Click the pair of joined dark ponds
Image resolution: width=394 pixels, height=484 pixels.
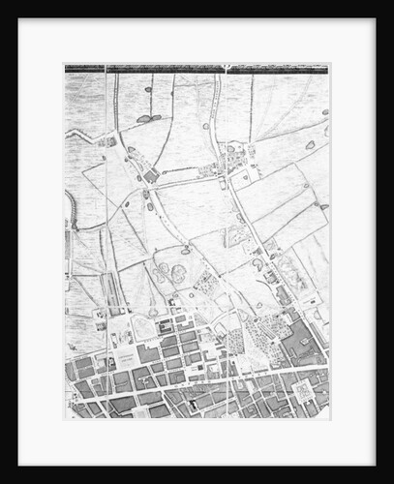[146, 118]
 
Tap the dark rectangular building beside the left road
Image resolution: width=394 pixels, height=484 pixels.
[151, 175]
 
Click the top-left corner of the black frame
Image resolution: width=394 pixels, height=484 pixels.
[19, 19]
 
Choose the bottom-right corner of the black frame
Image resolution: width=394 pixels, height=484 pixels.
[376, 466]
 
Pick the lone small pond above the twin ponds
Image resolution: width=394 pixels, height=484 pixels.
[184, 250]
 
